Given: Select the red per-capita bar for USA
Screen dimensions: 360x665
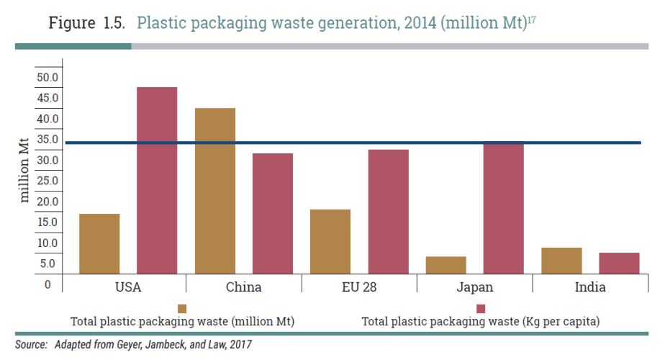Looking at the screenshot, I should pos(157,180).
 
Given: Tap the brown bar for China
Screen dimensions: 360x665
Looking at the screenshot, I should pos(215,191).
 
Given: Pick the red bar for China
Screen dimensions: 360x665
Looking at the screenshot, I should pos(273,213).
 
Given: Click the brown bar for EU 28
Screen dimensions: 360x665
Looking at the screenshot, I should pos(330,241).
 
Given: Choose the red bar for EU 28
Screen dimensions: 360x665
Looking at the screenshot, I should pos(388,212).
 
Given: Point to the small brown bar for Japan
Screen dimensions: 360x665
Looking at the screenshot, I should pos(446,265).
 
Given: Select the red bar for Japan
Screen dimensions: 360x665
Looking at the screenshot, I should pos(504,208).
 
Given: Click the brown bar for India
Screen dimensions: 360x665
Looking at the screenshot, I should pos(561,261).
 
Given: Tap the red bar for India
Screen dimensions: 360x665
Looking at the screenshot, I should pos(619,263).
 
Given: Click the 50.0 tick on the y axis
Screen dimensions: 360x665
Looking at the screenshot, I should pos(47,77).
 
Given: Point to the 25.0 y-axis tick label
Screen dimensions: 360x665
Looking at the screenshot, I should pos(47,181).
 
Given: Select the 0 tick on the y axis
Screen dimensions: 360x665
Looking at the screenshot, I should pos(48,284).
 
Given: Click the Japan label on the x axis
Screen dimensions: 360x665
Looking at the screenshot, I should pos(474,287).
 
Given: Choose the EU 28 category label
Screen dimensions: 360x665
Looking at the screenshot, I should pos(359,287).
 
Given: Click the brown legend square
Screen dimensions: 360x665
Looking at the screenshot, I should pos(182,308).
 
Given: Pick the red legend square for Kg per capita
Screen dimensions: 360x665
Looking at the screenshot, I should pos(480,308).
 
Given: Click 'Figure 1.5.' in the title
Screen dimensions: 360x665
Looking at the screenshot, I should pos(87,22).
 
